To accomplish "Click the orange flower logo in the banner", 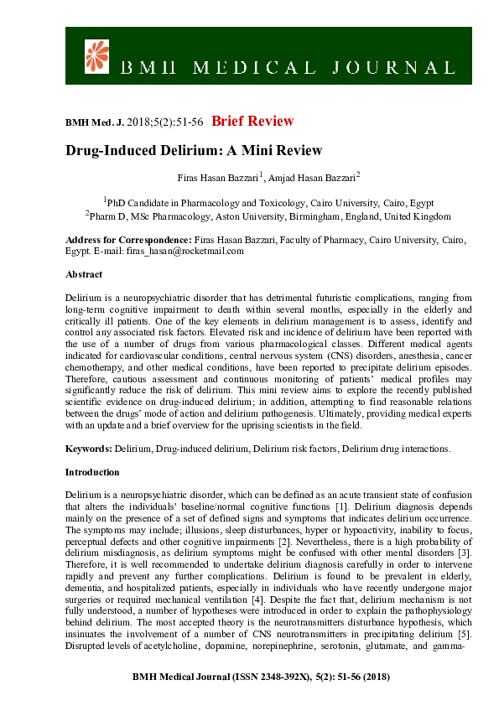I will tap(97, 55).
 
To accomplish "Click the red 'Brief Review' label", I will tap(252, 122).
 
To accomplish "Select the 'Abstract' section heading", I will tap(84, 274).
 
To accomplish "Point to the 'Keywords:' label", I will tap(89, 449).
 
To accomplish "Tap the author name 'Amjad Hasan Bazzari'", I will tap(314, 177).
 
